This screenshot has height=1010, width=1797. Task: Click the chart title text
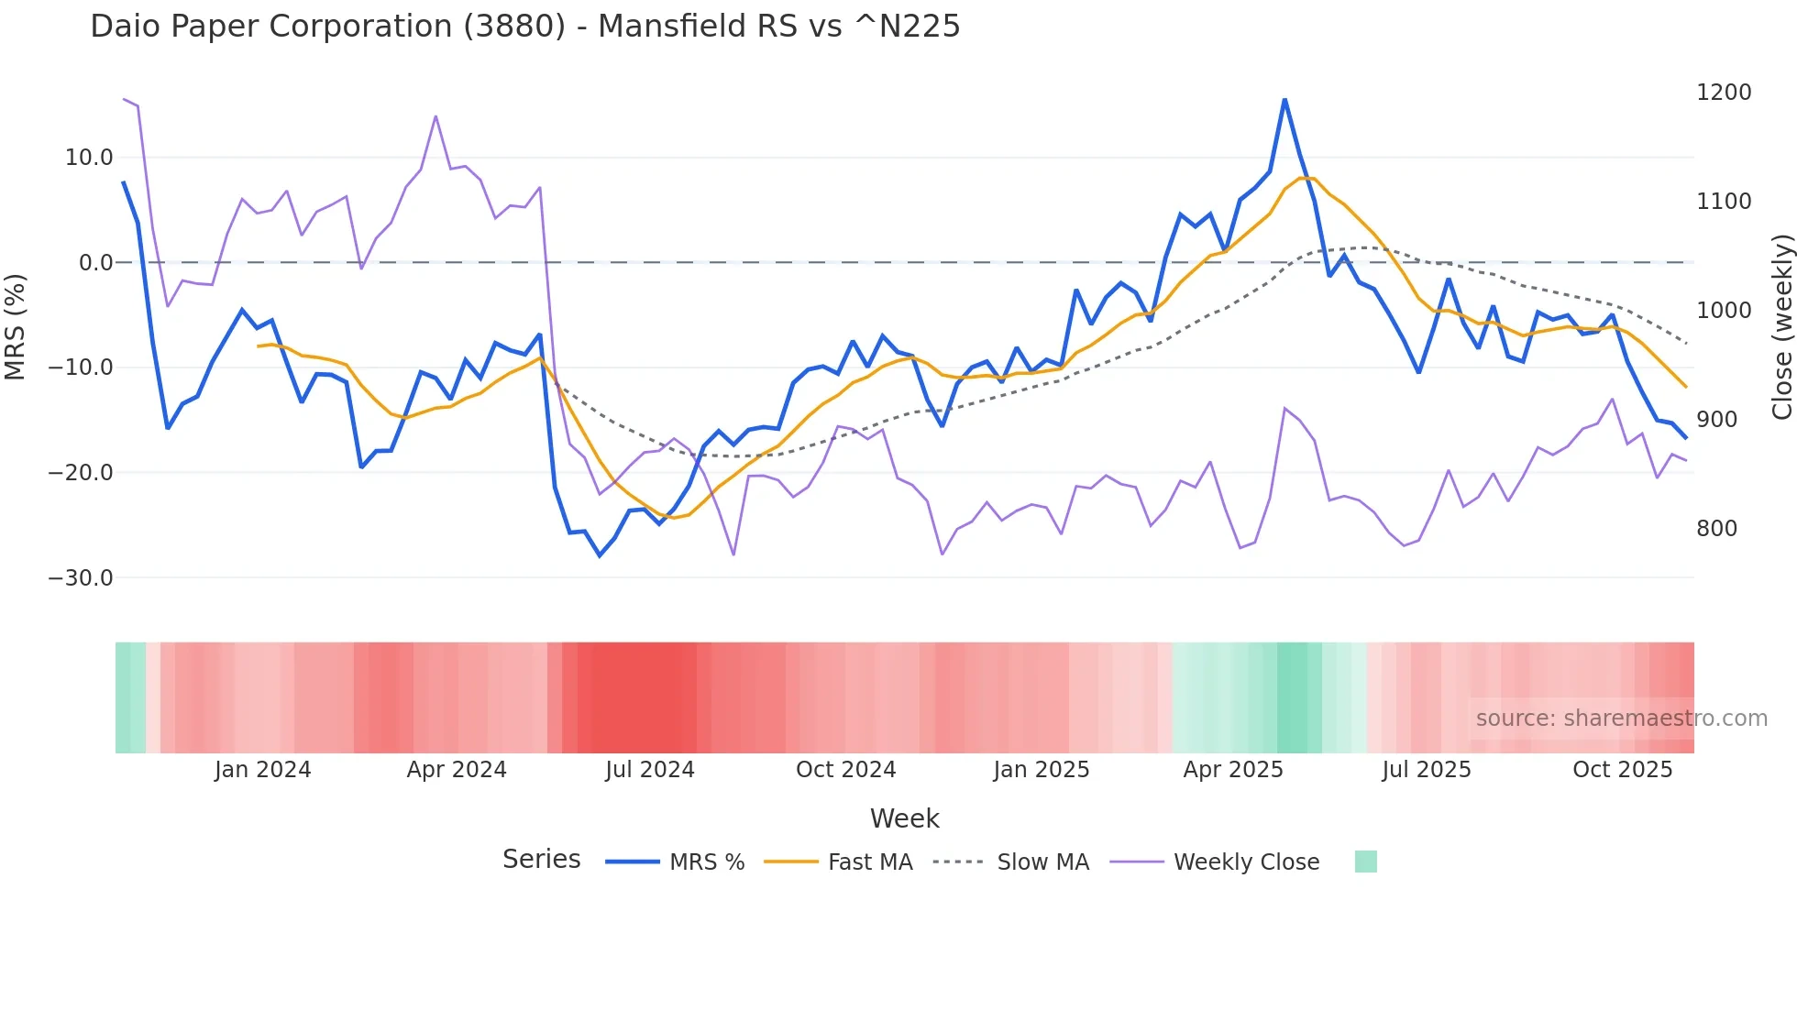pyautogui.click(x=524, y=27)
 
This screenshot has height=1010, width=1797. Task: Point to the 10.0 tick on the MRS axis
pyautogui.click(x=89, y=158)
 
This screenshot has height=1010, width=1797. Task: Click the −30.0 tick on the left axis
pyautogui.click(x=81, y=578)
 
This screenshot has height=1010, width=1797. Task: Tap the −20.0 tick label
pyautogui.click(x=81, y=473)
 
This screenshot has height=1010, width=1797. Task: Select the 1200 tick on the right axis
pyautogui.click(x=1724, y=93)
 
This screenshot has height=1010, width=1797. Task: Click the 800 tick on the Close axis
pyautogui.click(x=1716, y=529)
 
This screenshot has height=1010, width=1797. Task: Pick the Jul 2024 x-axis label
pyautogui.click(x=649, y=770)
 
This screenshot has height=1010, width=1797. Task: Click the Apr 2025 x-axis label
pyautogui.click(x=1232, y=770)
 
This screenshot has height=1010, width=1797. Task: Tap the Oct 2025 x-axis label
pyautogui.click(x=1622, y=770)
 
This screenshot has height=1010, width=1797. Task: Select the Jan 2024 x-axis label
pyautogui.click(x=262, y=770)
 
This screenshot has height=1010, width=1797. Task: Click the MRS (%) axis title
pyautogui.click(x=16, y=326)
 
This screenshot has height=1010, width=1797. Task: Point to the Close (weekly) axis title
pyautogui.click(x=1781, y=327)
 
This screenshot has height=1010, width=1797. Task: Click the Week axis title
pyautogui.click(x=904, y=818)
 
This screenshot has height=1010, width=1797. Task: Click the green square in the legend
pyautogui.click(x=1365, y=862)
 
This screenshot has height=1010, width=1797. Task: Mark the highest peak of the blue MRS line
pyautogui.click(x=1284, y=100)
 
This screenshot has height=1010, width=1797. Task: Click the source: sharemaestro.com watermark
pyautogui.click(x=1621, y=719)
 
